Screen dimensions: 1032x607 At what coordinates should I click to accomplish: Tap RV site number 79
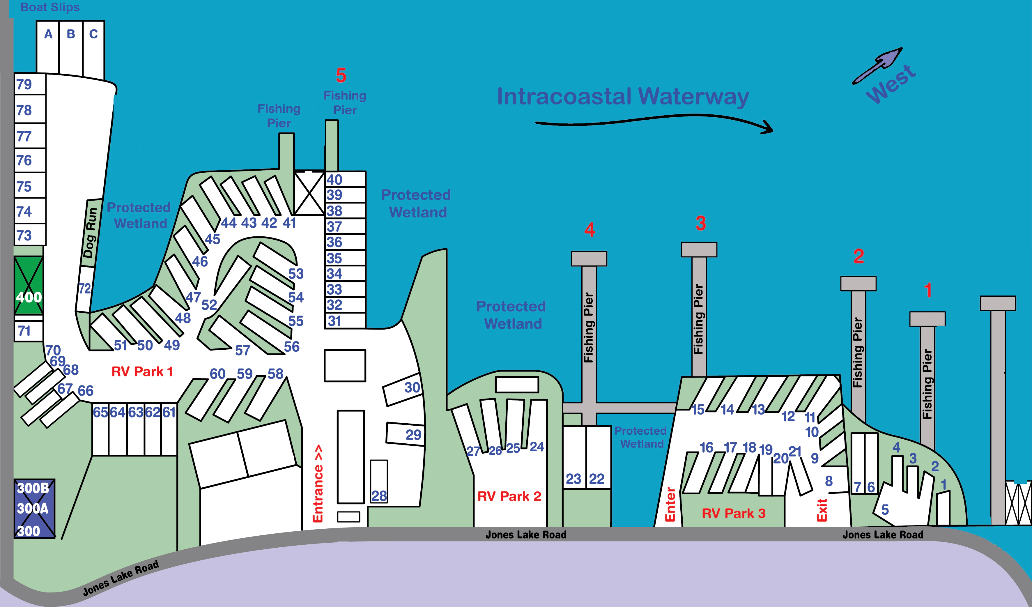coord(24,84)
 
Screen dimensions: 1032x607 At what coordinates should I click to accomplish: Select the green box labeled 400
coord(28,286)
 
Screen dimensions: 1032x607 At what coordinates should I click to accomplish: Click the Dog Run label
coord(91,233)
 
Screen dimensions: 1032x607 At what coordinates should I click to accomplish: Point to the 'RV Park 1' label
coord(142,371)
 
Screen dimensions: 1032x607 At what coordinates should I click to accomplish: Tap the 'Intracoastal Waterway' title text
coord(623,97)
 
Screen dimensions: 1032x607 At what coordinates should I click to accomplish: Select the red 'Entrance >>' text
coord(318,483)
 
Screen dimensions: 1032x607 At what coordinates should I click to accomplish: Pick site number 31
coord(334,321)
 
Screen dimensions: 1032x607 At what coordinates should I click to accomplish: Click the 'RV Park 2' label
coord(509,496)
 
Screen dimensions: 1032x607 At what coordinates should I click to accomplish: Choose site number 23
coord(573,479)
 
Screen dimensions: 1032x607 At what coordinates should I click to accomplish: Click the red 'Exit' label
coord(822,510)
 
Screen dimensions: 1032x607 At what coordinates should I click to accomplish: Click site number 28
coord(379,496)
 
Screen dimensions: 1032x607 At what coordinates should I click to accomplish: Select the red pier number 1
coord(928,290)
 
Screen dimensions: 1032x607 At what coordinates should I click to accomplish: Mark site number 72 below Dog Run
coord(85,288)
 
